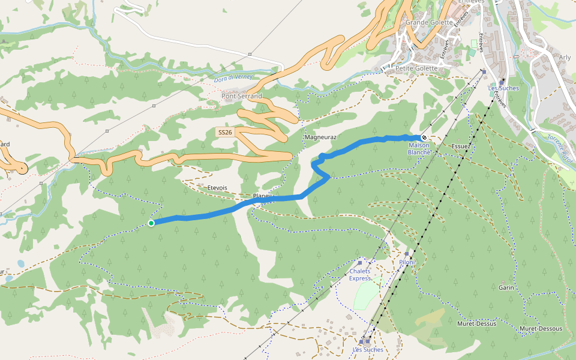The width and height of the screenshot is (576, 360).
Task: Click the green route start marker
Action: click(x=151, y=223)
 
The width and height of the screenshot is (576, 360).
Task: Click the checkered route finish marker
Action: click(x=424, y=137)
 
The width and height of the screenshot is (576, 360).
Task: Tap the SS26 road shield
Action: click(x=225, y=131)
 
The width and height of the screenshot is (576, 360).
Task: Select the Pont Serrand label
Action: click(x=242, y=96)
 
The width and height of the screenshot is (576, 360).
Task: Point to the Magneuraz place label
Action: click(x=320, y=137)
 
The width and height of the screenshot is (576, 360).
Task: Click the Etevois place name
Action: click(x=217, y=188)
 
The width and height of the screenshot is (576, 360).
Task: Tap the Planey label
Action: click(x=263, y=196)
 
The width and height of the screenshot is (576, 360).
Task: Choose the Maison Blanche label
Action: click(x=419, y=148)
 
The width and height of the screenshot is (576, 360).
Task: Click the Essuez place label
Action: click(x=460, y=146)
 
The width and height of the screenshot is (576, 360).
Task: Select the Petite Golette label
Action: click(x=416, y=68)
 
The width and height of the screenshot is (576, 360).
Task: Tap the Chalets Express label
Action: click(x=360, y=275)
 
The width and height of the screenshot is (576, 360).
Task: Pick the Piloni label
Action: click(x=407, y=262)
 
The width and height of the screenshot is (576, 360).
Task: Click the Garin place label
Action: click(x=506, y=287)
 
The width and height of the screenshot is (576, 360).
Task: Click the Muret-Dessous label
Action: click(x=541, y=329)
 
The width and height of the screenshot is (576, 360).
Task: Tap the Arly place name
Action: click(x=565, y=58)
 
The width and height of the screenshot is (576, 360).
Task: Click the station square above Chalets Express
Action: click(x=360, y=263)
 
